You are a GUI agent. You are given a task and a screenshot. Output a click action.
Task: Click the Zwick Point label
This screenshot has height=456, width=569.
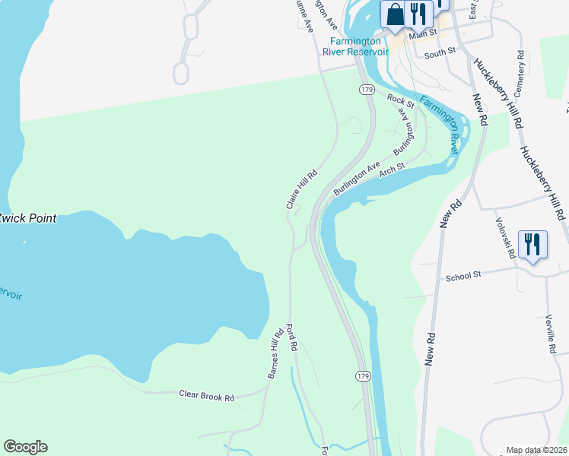[x=27, y=218]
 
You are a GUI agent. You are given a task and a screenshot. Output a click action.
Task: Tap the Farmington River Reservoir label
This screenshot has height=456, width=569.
[x=358, y=46]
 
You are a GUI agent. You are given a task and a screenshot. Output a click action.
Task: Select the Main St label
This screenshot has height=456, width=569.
[x=423, y=33]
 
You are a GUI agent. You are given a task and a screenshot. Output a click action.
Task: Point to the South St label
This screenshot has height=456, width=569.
[x=439, y=54]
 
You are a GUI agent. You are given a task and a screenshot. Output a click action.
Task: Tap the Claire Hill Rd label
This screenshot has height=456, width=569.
[x=301, y=190]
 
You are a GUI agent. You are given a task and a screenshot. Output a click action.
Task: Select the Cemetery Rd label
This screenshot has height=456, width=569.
[x=520, y=73]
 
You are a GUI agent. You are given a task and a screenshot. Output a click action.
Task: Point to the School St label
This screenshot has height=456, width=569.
[x=464, y=277]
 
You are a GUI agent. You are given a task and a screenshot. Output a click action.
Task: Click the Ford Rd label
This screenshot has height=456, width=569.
[x=291, y=338]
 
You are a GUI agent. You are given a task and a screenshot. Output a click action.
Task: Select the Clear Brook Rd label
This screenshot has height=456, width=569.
[x=206, y=395]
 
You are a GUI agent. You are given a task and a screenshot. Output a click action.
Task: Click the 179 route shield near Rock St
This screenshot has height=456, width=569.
[x=366, y=90]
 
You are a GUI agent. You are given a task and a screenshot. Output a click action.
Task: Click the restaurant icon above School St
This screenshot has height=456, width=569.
[x=532, y=245]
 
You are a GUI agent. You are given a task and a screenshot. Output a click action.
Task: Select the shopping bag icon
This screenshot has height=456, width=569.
[x=396, y=14]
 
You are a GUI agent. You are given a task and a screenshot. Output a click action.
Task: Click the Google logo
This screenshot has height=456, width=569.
[x=25, y=447]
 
